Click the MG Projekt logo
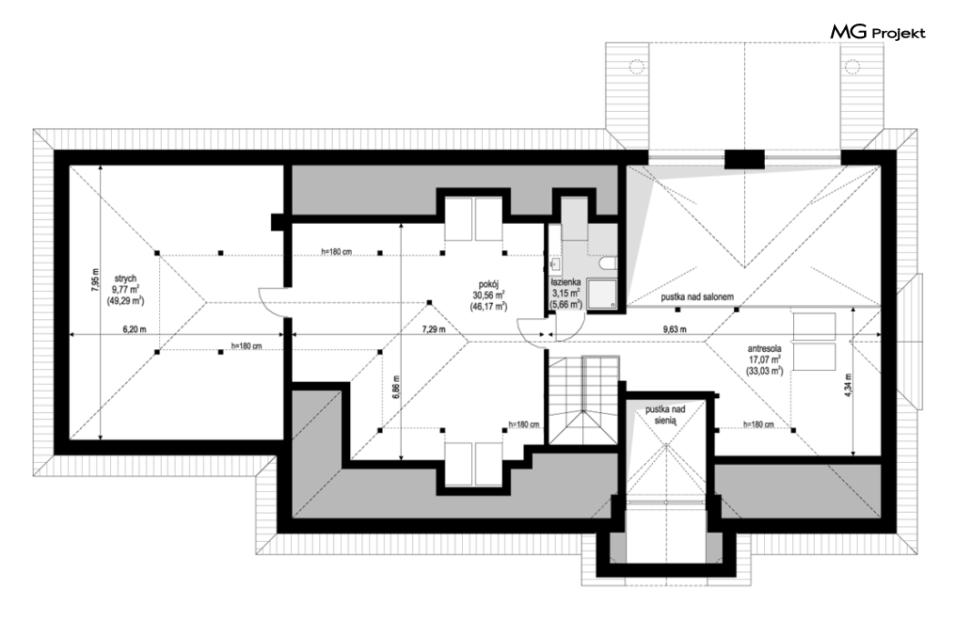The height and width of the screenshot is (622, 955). [878, 33]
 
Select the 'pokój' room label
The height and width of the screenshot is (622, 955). [488, 284]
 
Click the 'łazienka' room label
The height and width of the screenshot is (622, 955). [566, 283]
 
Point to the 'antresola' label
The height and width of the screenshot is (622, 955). [765, 349]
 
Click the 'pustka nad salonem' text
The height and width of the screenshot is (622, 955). [698, 296]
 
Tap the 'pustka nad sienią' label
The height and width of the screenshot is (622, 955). [666, 416]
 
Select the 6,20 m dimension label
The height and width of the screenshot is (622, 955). [135, 329]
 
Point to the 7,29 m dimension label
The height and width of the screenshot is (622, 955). [434, 329]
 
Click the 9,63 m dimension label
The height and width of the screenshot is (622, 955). [675, 329]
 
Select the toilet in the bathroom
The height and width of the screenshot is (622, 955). [608, 263]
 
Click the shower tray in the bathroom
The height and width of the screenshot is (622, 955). [602, 295]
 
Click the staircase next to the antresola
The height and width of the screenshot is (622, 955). [584, 401]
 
